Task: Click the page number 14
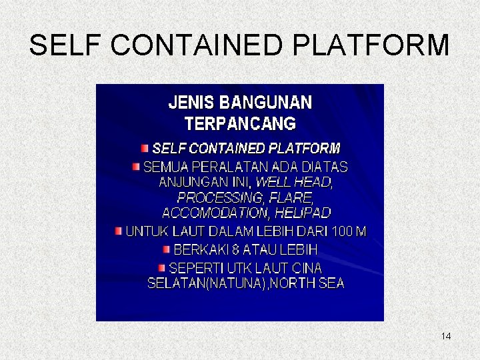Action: tap(446, 336)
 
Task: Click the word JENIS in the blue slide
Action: tap(191, 103)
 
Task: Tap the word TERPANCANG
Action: tap(240, 124)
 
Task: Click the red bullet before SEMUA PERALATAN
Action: tap(136, 165)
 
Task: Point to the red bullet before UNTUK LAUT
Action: tap(119, 231)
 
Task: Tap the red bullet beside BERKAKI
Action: tap(167, 249)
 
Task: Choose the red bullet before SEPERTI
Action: tap(162, 267)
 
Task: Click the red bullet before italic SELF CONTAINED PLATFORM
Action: tap(145, 147)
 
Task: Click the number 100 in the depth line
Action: tap(339, 232)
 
